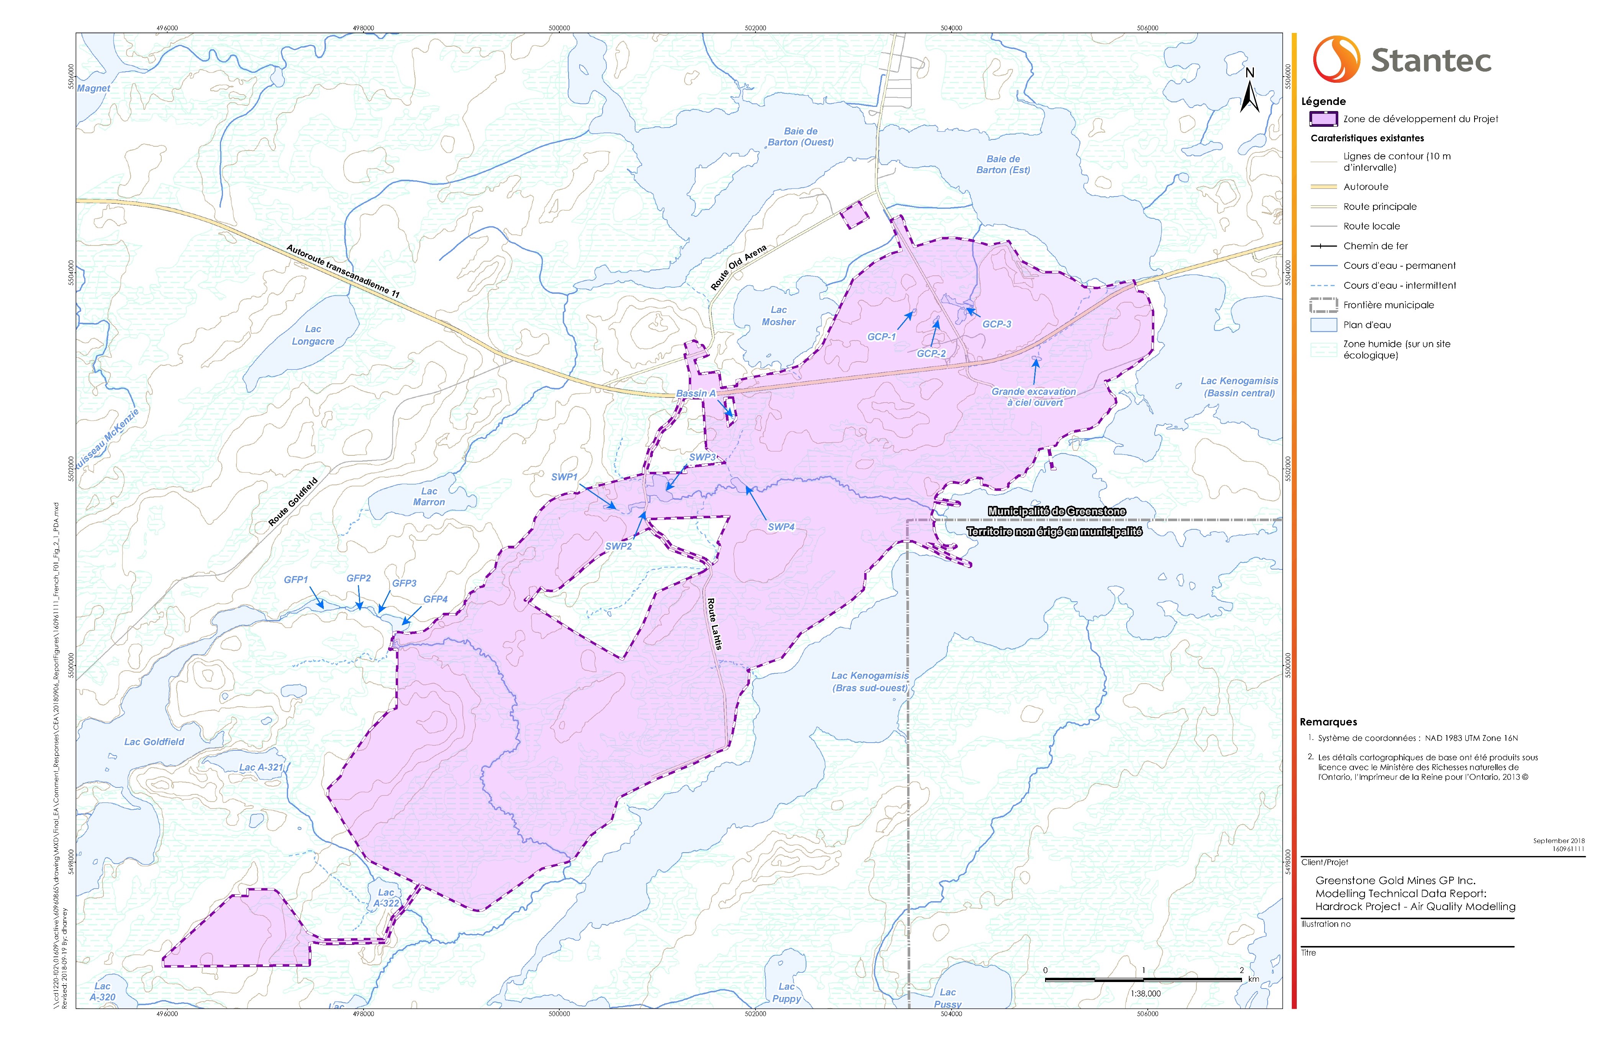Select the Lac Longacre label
point(313,335)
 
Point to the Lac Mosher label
point(779,316)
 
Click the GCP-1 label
point(882,337)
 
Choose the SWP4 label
point(782,527)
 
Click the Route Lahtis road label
point(714,623)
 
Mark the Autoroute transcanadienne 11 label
point(343,270)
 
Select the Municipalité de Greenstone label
point(1057,511)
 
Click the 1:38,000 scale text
point(1145,994)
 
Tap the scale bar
point(1143,979)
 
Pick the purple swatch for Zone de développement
point(1323,119)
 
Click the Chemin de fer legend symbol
point(1323,246)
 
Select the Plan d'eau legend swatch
point(1323,325)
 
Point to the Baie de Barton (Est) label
point(1003,164)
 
